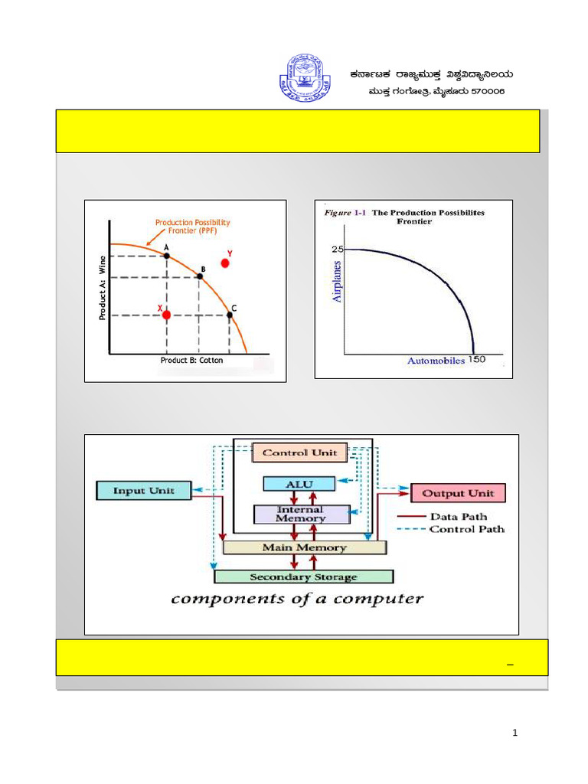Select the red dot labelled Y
tap(225, 263)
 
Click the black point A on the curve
tap(167, 255)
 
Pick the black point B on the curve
tap(199, 276)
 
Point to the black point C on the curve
tap(230, 315)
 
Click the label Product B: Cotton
tap(191, 360)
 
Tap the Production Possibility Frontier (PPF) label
tap(192, 227)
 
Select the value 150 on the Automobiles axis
tap(476, 360)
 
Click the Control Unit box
tap(299, 452)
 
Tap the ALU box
tap(299, 483)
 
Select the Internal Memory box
tap(300, 514)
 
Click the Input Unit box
tap(143, 491)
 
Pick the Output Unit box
tap(459, 493)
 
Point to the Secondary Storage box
tap(304, 577)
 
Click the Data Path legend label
tap(459, 517)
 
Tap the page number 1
tap(515, 733)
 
